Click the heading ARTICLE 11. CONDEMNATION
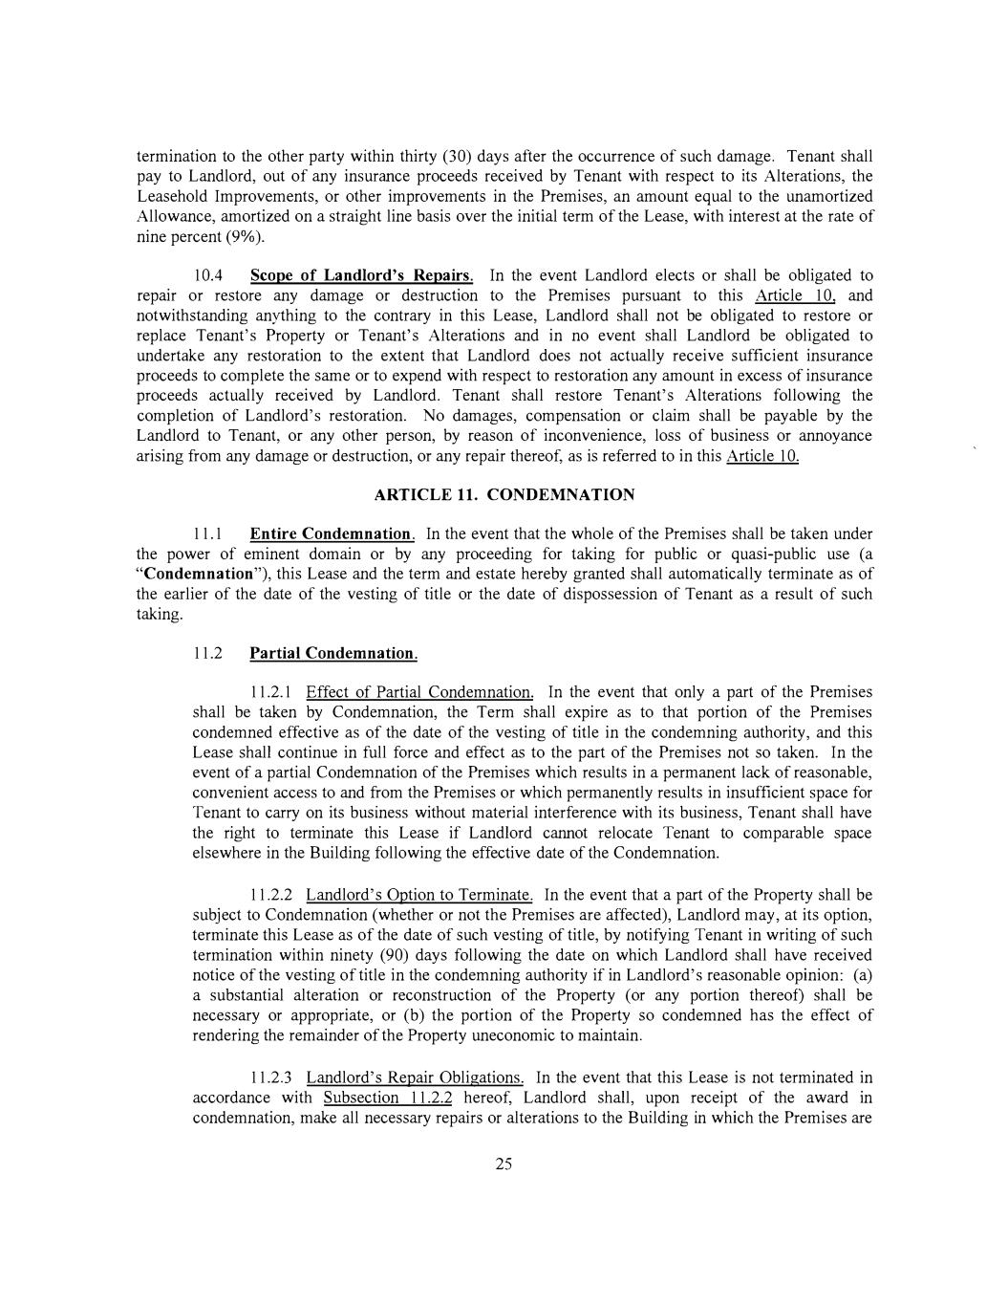[x=504, y=494]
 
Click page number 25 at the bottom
[x=504, y=1164]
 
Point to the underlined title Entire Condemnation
[x=332, y=533]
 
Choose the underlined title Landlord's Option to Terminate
[x=419, y=895]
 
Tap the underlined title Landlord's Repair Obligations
[x=415, y=1077]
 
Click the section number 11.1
[x=207, y=533]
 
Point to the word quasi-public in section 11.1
[x=774, y=554]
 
